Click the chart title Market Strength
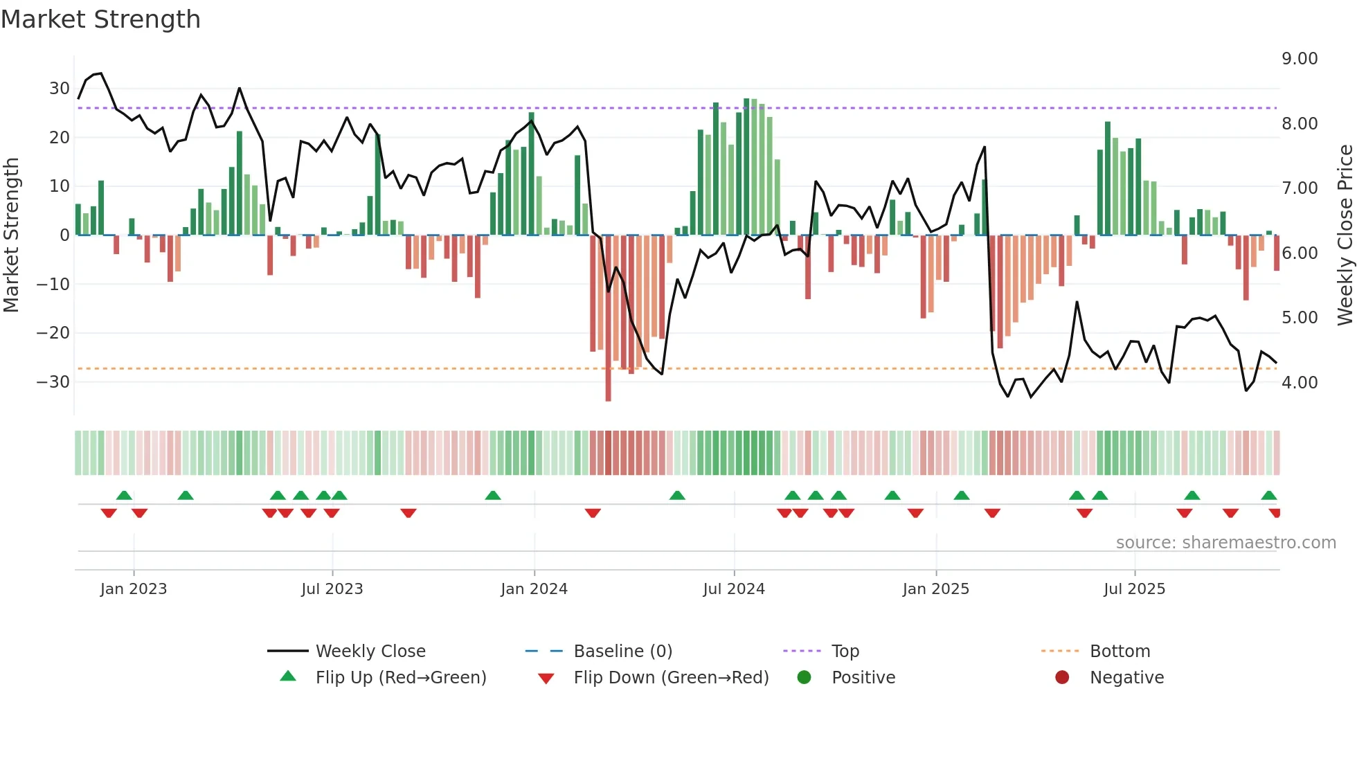coord(100,19)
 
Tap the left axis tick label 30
coord(59,89)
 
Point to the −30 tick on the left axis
coord(53,382)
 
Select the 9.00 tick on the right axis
coord(1300,59)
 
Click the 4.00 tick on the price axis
coord(1300,383)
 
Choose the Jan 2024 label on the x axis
coord(534,589)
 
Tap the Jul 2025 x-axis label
coord(1134,589)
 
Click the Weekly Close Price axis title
coord(1345,235)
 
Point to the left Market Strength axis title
coord(11,235)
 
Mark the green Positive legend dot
coord(804,677)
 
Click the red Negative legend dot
coord(1062,677)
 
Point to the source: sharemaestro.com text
coord(1225,543)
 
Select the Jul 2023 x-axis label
coord(332,589)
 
